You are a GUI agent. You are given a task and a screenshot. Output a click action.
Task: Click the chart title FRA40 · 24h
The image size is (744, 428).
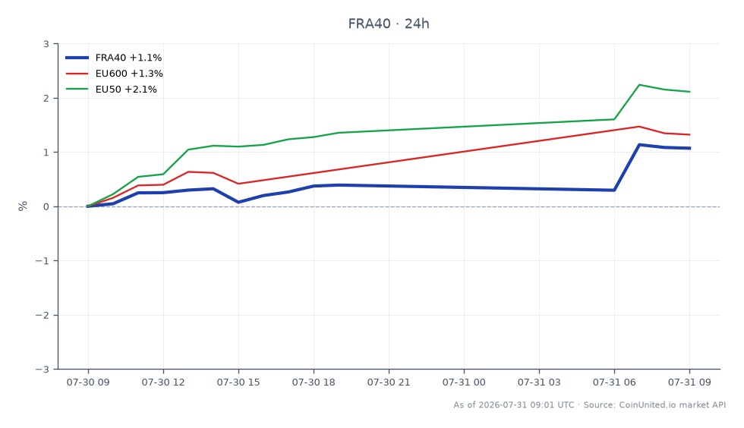tap(389, 24)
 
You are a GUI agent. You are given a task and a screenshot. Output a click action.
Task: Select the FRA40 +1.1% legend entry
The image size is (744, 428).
tap(114, 58)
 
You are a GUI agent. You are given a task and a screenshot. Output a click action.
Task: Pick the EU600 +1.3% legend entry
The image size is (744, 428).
tap(115, 74)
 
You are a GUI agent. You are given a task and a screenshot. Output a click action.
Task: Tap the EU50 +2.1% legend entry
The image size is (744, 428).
tap(112, 90)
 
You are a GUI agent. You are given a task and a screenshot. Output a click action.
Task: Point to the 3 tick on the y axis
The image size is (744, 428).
tap(46, 44)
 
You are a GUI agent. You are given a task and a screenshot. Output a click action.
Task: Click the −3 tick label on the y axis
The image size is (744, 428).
tap(43, 369)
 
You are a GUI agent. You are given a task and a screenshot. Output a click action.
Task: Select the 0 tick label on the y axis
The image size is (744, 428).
tap(46, 207)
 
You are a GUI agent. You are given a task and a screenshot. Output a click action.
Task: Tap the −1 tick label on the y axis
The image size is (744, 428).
tap(43, 261)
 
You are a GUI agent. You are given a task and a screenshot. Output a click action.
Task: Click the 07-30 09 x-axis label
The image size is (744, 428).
tap(88, 382)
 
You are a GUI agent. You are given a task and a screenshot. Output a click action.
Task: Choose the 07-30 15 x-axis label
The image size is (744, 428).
tap(238, 382)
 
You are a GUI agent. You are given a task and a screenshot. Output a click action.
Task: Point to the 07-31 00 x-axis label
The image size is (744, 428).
tap(464, 382)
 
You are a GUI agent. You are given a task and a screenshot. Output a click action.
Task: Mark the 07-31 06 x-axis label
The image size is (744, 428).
tap(614, 382)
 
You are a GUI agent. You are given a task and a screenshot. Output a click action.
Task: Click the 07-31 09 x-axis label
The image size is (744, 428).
tap(689, 382)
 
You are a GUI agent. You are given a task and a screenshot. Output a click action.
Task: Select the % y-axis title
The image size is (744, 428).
tap(23, 206)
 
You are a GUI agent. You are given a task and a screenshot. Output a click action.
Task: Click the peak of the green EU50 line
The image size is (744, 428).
tap(639, 85)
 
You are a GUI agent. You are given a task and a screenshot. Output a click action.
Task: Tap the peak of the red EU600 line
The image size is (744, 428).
tap(639, 127)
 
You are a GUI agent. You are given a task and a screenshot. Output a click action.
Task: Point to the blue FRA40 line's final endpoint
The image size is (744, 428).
tap(690, 148)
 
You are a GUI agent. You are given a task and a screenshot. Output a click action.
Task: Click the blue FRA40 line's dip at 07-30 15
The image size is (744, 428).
tap(238, 202)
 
